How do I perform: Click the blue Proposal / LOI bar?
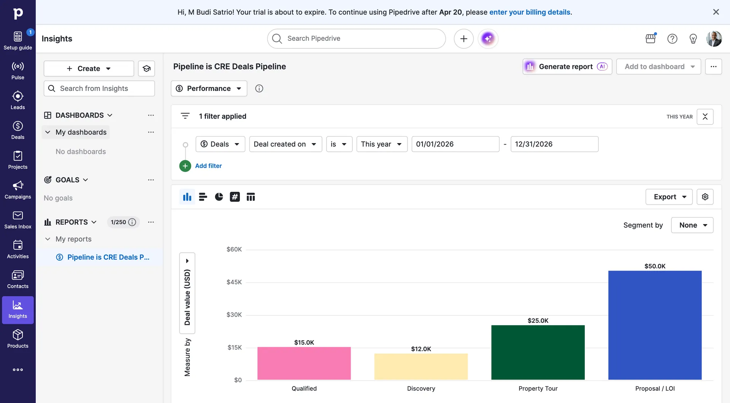[655, 325]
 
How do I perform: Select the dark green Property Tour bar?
[538, 352]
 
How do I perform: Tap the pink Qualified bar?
[304, 363]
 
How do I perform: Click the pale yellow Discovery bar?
[421, 366]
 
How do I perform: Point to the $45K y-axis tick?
[234, 282]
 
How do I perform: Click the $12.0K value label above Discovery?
[421, 349]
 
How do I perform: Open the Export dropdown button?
[669, 197]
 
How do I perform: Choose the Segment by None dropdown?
[692, 225]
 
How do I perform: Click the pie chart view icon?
[219, 197]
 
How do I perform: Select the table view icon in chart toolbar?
[251, 197]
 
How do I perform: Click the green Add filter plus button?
[185, 166]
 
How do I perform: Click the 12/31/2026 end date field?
[554, 144]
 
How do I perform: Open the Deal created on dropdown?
[285, 144]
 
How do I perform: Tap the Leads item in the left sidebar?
[17, 100]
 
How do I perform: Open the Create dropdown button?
[89, 68]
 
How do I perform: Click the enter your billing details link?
[530, 12]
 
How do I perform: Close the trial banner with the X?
[716, 12]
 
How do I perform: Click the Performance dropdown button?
[209, 88]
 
